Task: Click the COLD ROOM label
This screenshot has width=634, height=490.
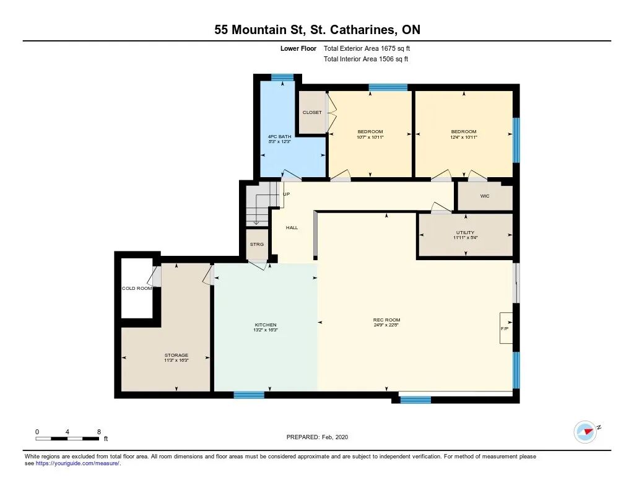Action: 137,289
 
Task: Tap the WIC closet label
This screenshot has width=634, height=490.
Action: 485,196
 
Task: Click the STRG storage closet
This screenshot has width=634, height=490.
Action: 257,245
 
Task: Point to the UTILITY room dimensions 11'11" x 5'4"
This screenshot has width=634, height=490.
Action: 466,238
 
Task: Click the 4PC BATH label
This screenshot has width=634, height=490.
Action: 279,137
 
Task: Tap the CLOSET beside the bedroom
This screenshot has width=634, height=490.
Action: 312,112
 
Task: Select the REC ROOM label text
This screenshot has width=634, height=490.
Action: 386,320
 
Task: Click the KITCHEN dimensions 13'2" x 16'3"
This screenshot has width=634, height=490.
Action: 266,330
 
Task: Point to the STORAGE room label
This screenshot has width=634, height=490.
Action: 176,355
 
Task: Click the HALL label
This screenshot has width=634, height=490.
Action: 292,228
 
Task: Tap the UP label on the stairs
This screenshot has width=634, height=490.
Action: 286,195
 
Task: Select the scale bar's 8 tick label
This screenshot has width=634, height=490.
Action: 99,432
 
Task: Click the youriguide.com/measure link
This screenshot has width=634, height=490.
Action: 77,463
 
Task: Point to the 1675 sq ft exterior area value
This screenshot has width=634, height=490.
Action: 396,48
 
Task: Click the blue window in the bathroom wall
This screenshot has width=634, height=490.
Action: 282,77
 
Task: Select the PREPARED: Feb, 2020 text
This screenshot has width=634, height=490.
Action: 318,437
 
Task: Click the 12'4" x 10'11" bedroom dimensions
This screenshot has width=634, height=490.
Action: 464,137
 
